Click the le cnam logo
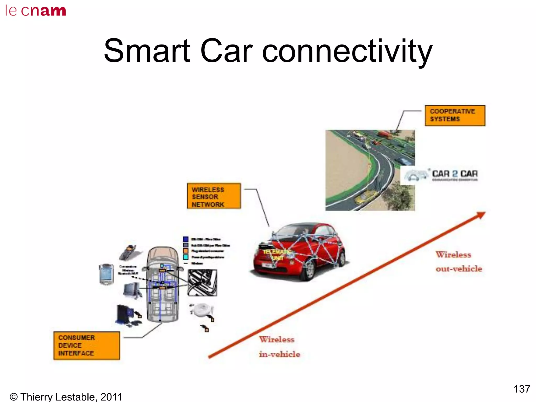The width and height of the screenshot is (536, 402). [36, 11]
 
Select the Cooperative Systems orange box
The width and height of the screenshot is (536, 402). [455, 115]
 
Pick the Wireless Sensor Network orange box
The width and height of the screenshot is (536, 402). [214, 196]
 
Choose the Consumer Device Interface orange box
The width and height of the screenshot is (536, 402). [86, 345]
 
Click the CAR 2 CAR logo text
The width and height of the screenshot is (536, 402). [455, 174]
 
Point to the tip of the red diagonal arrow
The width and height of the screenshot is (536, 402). [484, 213]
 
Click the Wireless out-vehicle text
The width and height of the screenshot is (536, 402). [459, 262]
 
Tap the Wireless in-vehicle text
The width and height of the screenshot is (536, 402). [279, 347]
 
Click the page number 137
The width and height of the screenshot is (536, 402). [522, 389]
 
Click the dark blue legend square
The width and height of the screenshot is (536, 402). [186, 239]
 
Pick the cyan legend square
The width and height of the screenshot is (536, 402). [186, 257]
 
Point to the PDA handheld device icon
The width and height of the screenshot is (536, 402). [106, 274]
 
